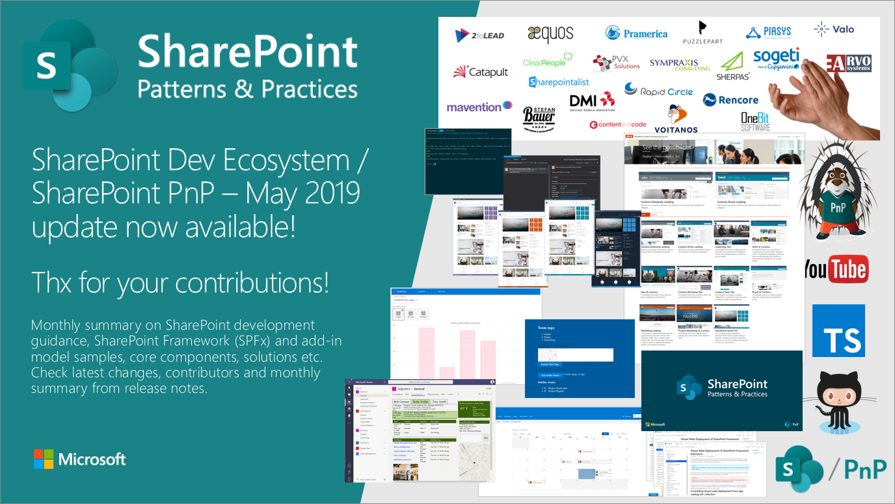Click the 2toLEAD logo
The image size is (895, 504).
479,35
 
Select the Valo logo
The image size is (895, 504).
834,29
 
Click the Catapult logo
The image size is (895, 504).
481,72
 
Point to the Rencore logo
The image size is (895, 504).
730,99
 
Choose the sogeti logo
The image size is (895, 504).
776,59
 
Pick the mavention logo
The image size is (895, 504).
479,107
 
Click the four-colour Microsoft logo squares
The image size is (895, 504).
43,459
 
